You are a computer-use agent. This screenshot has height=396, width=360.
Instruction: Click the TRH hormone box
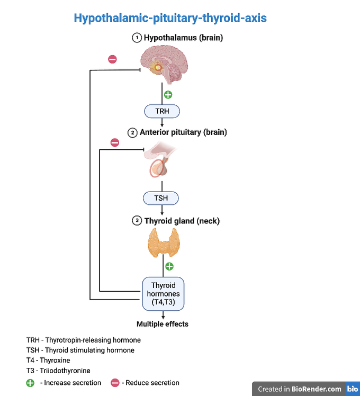click(x=162, y=112)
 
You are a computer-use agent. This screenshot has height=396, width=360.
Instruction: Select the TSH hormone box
click(x=161, y=198)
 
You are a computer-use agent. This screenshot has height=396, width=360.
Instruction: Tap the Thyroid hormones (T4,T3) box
click(x=163, y=293)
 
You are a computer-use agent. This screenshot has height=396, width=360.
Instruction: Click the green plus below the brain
click(x=168, y=95)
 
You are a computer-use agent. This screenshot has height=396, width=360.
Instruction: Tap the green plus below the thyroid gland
click(x=169, y=266)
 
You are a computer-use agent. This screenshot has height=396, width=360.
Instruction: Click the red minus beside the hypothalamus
click(x=112, y=59)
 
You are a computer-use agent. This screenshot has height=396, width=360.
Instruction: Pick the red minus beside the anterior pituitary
click(x=114, y=142)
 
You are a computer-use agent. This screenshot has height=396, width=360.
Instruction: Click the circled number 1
click(x=137, y=38)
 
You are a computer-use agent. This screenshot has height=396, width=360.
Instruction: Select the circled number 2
click(x=133, y=132)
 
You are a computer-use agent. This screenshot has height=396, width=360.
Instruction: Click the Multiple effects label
click(x=163, y=324)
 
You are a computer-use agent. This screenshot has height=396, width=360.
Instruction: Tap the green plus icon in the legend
click(x=31, y=383)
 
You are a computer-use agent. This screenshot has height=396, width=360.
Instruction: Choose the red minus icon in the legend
click(x=114, y=383)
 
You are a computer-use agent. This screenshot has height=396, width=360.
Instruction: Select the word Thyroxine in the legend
click(x=55, y=361)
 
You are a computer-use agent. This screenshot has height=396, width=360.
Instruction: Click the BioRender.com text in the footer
click(x=317, y=389)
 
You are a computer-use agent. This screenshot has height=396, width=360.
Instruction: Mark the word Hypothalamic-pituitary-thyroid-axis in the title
click(x=170, y=18)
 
